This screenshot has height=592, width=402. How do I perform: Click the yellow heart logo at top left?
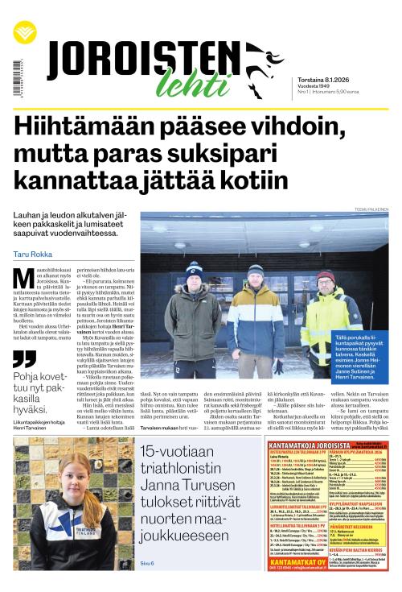click(24, 32)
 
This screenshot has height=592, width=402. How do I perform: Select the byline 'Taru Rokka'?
click(33, 255)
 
